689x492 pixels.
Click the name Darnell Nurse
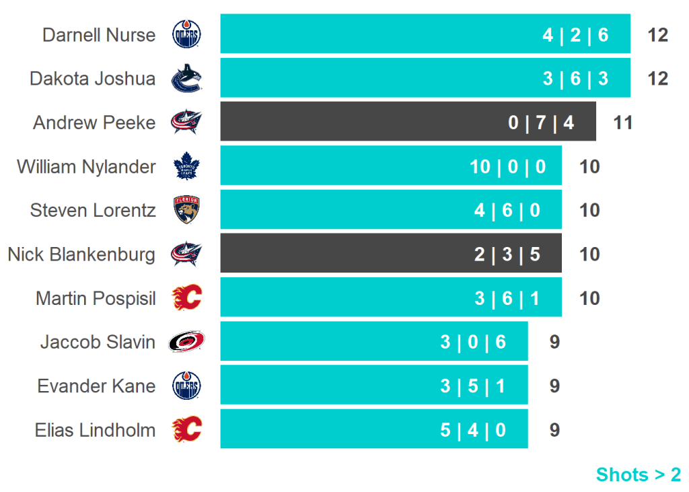coord(99,34)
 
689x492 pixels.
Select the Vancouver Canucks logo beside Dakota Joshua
coord(186,79)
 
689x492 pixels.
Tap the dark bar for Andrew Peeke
coord(408,122)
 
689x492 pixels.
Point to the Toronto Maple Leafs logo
coord(186,166)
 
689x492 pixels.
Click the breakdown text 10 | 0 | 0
coord(508,166)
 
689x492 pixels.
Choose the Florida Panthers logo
coord(186,210)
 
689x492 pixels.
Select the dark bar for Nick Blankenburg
coord(390,254)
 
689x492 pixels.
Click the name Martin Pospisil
coord(96,298)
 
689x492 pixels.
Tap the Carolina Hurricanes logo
coord(186,342)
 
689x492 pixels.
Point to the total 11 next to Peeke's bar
coord(623,122)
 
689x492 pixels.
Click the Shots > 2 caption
coord(638,475)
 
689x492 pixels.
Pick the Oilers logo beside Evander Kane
coord(186,386)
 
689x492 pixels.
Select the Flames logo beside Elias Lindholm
coord(186,429)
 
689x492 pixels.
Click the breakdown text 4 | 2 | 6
coord(575,34)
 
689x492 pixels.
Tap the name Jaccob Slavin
coord(98,342)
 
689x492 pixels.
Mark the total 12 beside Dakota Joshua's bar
coord(657,79)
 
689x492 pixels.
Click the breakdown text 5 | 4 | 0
coord(473,429)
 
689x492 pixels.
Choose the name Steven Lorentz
coord(93,210)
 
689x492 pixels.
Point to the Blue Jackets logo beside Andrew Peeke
coord(186,122)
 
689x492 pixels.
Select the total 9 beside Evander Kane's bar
coord(554,386)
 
